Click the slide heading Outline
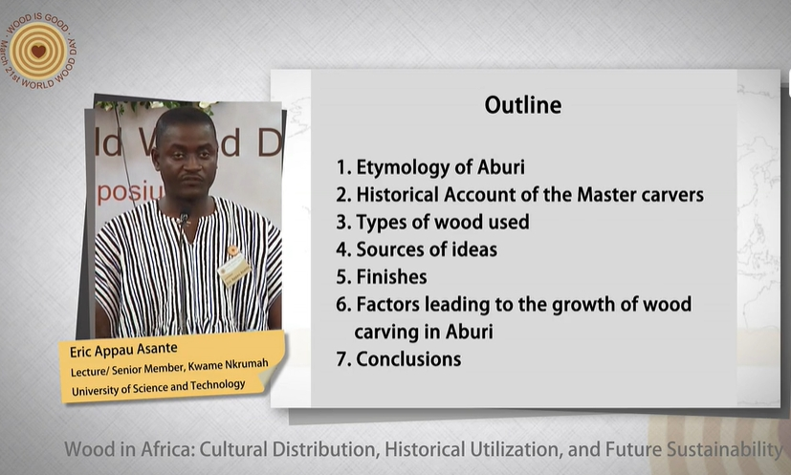(x=522, y=105)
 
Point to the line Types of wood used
(x=443, y=223)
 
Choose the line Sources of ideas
(x=427, y=249)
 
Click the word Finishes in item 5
(x=391, y=277)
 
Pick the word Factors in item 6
(x=387, y=305)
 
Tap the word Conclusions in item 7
(x=408, y=359)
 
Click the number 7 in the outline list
(x=341, y=359)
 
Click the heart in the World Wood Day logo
(x=38, y=51)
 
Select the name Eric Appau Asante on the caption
(x=123, y=350)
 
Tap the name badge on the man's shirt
(x=234, y=269)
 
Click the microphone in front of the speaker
(x=184, y=218)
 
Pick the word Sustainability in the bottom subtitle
(x=725, y=449)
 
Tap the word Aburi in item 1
(x=501, y=167)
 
